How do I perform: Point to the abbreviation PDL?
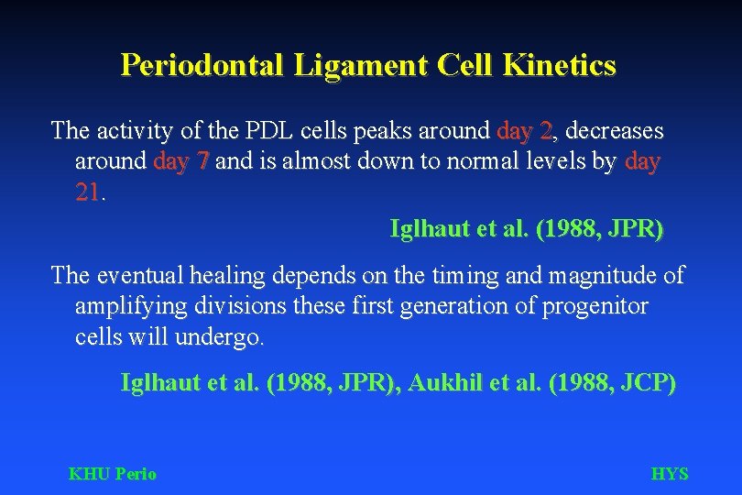255,131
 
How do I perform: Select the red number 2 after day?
546,131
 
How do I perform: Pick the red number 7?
203,162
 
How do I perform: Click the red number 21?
88,193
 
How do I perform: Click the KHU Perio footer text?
113,474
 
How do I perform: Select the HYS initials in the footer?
669,474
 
